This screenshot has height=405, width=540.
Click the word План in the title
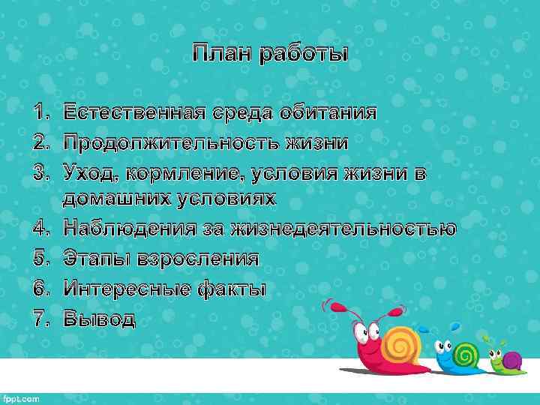[x=222, y=54]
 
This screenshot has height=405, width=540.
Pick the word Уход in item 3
[x=89, y=172]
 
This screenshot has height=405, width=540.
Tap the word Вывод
[x=99, y=318]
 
